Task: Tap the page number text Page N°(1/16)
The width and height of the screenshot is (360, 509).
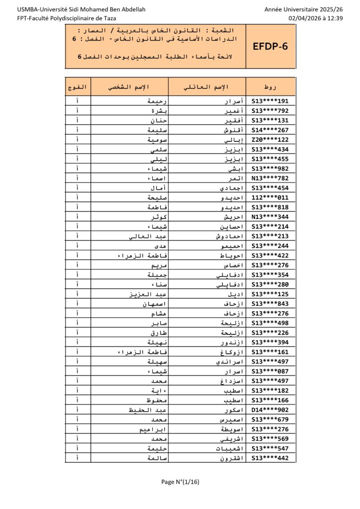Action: [x=180, y=481]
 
